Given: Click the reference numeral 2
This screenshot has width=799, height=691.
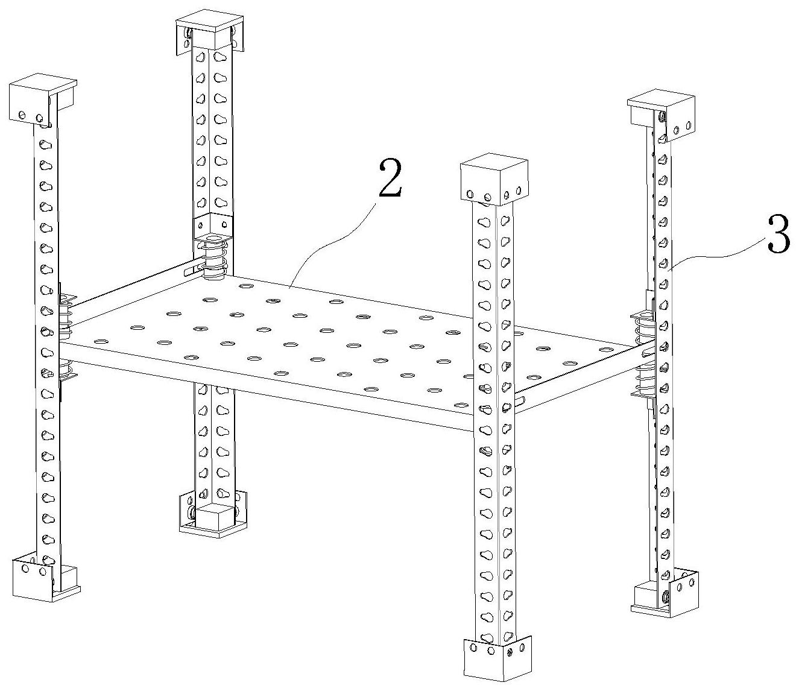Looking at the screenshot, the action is click(390, 178).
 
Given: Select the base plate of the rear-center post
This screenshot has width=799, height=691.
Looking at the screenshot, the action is click(213, 513).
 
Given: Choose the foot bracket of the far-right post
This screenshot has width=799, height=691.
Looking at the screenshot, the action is click(665, 595).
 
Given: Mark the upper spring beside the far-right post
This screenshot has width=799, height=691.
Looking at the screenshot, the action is click(642, 327).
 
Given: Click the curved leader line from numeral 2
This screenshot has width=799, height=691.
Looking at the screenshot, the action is click(332, 244).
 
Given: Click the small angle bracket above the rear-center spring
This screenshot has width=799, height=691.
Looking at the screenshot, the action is click(213, 224).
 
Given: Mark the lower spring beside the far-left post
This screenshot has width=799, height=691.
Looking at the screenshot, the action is click(68, 370).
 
